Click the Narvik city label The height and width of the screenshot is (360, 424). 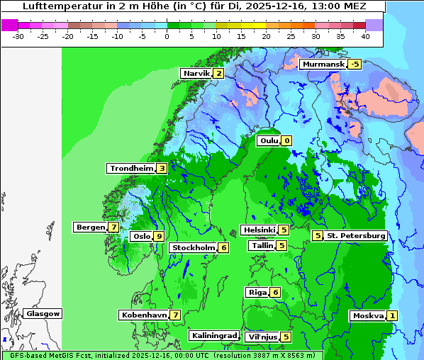pyautogui.click(x=196, y=74)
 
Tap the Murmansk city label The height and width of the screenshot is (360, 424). pyautogui.click(x=323, y=64)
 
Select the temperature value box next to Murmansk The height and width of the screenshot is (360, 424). pyautogui.click(x=355, y=64)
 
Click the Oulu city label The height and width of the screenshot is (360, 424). pyautogui.click(x=268, y=140)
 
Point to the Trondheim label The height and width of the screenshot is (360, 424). pyautogui.click(x=131, y=169)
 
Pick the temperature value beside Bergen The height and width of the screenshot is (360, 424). pyautogui.click(x=113, y=227)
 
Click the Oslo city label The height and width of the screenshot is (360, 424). pyautogui.click(x=142, y=237)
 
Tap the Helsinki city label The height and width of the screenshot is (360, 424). pyautogui.click(x=259, y=230)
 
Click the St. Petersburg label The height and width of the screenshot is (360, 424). pyautogui.click(x=356, y=235)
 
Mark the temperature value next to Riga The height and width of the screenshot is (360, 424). pyautogui.click(x=275, y=292)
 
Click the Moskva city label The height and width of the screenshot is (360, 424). pyautogui.click(x=368, y=316)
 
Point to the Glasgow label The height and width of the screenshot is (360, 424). pyautogui.click(x=43, y=314)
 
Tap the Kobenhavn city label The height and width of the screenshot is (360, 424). pyautogui.click(x=144, y=315)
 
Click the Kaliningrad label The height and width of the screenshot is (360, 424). pyautogui.click(x=214, y=335)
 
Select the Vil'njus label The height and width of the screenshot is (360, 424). pyautogui.click(x=262, y=337)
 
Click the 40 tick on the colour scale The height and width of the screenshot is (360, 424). pyautogui.click(x=364, y=36)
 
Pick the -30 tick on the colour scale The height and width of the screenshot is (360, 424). pyautogui.click(x=18, y=36)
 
